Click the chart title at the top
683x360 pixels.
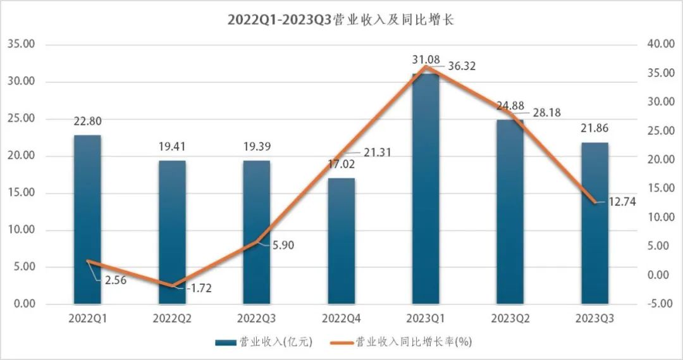coord(341,20)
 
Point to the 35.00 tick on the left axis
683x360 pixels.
coord(22,44)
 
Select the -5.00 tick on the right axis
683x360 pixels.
coord(660,304)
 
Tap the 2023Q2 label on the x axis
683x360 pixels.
coord(510,318)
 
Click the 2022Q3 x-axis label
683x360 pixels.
coord(256,318)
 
